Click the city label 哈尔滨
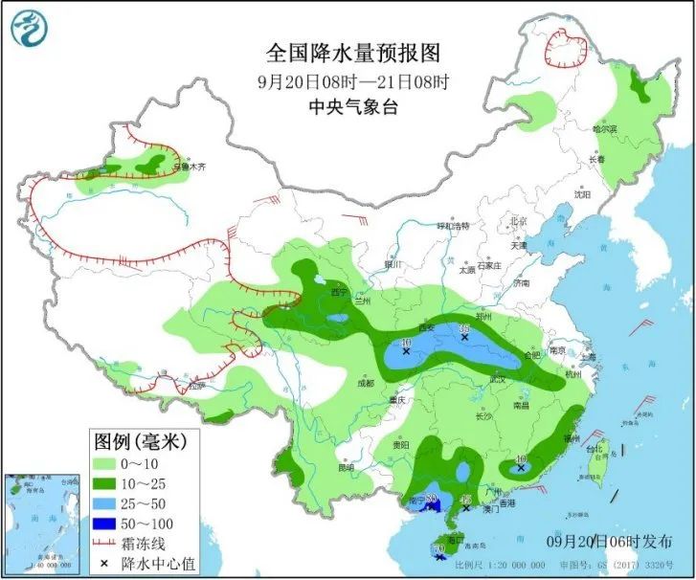click(x=604, y=128)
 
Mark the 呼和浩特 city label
click(x=453, y=227)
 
